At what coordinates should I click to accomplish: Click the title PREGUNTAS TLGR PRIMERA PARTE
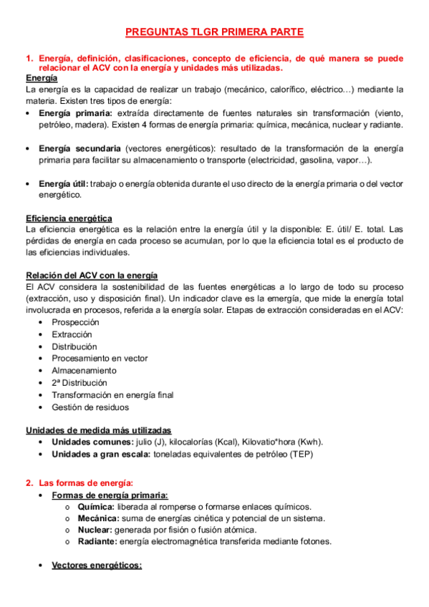click(x=214, y=32)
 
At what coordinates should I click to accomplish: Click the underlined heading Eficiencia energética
click(x=69, y=218)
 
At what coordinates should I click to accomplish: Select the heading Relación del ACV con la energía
click(x=92, y=276)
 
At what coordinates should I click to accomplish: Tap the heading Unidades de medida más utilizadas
click(x=98, y=430)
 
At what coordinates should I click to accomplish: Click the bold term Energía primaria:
click(x=75, y=113)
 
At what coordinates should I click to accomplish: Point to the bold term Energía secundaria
click(x=79, y=148)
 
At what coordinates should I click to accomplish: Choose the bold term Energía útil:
click(x=64, y=183)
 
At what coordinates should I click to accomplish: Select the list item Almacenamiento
click(x=83, y=371)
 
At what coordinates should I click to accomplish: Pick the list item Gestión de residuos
click(x=90, y=407)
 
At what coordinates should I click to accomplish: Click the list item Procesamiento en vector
click(x=99, y=359)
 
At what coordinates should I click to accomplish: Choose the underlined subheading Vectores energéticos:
click(x=97, y=565)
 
